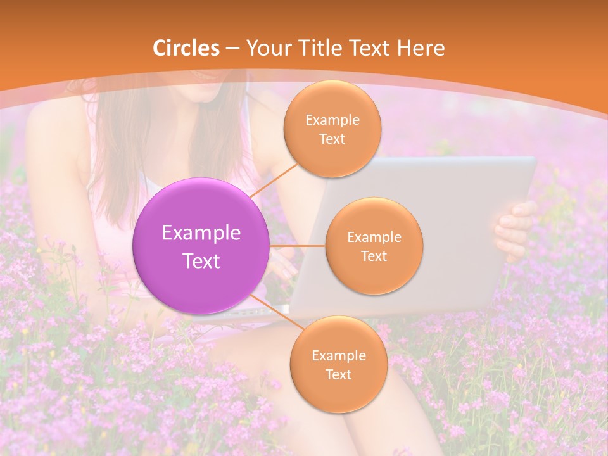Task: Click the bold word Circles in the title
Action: point(186,48)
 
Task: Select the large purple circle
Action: point(201,246)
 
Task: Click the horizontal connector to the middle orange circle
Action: point(297,246)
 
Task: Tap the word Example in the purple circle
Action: point(201,232)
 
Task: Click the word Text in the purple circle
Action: point(201,260)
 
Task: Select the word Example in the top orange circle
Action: point(332,120)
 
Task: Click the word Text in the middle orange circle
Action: point(374,256)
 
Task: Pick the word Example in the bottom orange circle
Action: point(338,355)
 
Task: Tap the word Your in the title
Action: point(265,48)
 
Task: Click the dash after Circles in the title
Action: point(232,49)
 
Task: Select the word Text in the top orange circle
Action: point(332,139)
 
